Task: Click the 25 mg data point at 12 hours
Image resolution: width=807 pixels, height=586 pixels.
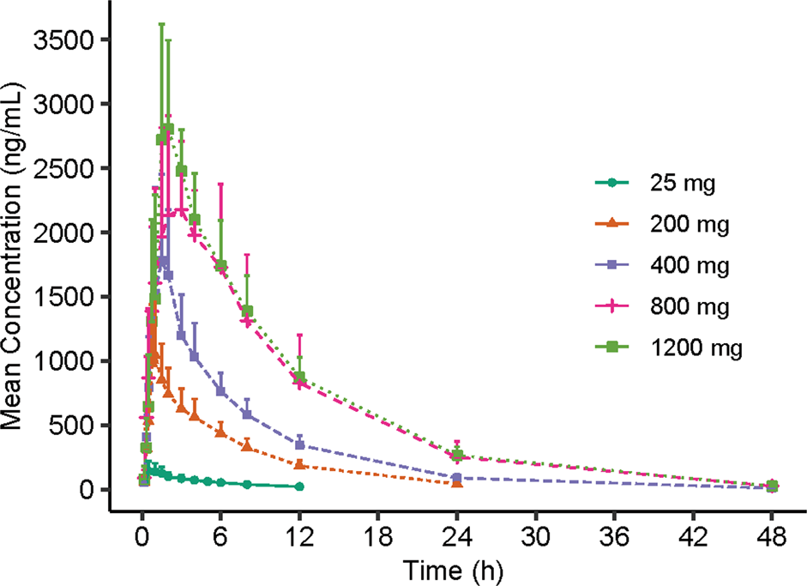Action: click(x=299, y=486)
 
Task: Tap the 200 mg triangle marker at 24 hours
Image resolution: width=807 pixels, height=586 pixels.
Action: click(x=457, y=483)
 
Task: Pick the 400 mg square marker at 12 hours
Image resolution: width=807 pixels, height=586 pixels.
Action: click(x=299, y=444)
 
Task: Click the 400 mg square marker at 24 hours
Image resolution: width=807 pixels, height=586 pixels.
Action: click(x=457, y=478)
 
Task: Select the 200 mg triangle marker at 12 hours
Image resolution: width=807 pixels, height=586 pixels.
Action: click(x=299, y=464)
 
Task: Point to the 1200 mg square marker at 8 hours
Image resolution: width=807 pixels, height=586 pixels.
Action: click(x=248, y=311)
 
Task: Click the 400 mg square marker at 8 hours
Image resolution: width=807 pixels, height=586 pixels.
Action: click(x=247, y=414)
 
